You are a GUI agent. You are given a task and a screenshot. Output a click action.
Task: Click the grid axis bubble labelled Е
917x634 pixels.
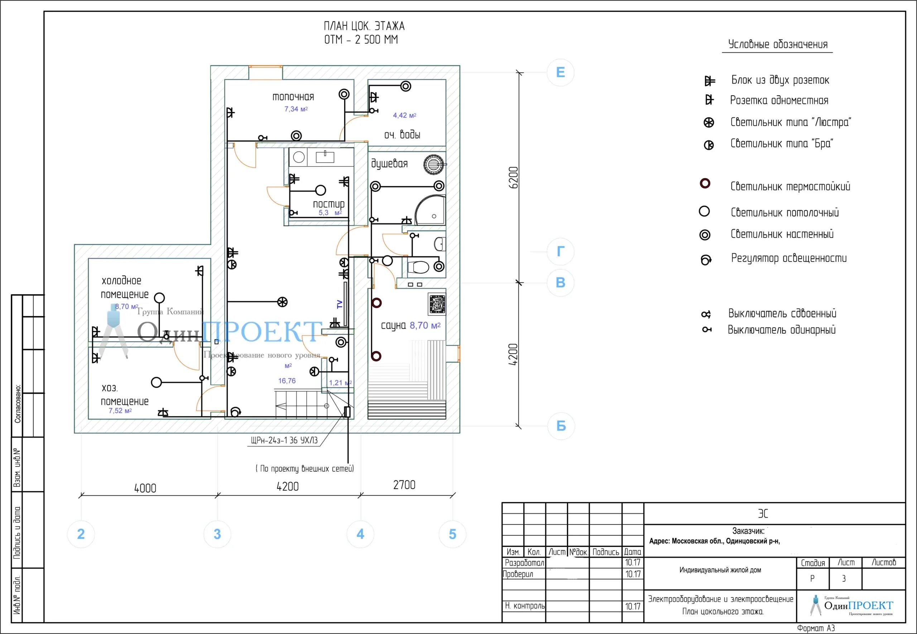[560, 72]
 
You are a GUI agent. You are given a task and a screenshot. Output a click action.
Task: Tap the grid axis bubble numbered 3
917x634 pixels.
[217, 534]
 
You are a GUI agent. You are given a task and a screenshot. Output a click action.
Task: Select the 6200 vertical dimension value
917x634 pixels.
[513, 178]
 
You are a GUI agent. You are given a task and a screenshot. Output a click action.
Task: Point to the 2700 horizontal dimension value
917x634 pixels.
[404, 485]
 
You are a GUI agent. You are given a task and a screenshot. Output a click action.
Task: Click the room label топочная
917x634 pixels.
[293, 97]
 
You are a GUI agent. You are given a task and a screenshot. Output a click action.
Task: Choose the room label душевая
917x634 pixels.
[389, 164]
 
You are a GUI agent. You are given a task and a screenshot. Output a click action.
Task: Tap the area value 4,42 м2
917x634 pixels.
[404, 115]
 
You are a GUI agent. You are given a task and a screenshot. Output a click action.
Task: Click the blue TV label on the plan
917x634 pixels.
[340, 304]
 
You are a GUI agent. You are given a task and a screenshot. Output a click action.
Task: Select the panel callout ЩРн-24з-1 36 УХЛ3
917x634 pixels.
[284, 440]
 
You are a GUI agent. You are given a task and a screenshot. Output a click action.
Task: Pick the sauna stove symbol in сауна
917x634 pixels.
[437, 304]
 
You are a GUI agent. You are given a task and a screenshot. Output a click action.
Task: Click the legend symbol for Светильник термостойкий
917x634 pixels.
[705, 184]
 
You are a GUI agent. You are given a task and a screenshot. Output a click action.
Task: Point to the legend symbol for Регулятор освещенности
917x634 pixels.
[706, 260]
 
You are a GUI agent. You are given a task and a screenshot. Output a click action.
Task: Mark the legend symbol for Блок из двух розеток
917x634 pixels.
[709, 81]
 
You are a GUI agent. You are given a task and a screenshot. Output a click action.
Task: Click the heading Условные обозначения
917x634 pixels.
[777, 44]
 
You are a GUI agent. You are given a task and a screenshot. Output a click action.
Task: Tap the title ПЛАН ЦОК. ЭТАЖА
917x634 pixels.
[364, 27]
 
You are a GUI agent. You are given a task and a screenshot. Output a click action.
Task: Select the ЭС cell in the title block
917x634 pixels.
[763, 514]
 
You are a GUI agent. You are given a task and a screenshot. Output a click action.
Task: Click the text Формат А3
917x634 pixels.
[816, 628]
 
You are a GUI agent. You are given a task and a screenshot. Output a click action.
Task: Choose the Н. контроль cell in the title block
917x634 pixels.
[524, 606]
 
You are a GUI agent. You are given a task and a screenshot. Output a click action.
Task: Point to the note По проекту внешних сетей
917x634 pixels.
[305, 469]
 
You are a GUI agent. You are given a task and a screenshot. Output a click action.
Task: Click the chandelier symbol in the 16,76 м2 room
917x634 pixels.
[282, 302]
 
